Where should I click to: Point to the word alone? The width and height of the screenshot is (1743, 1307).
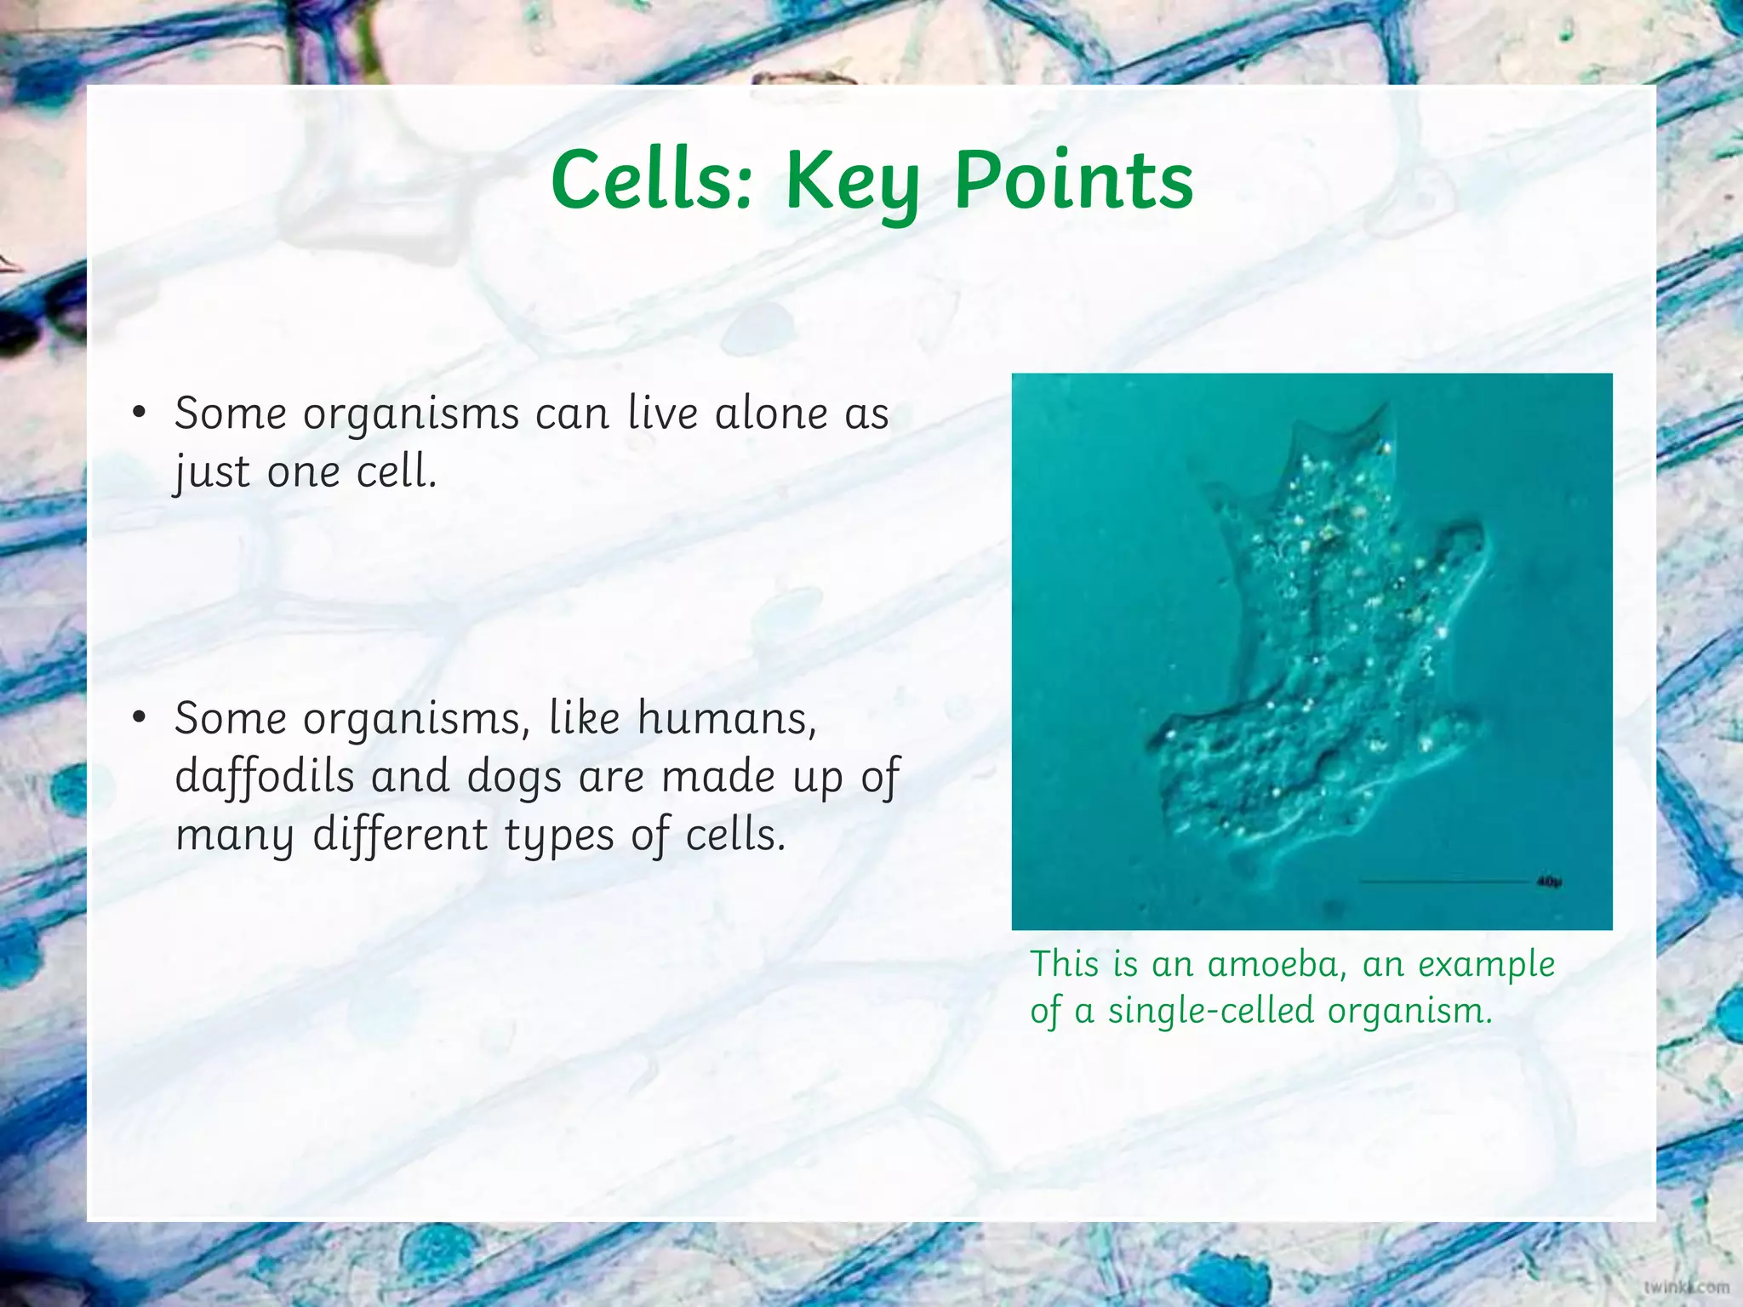(x=771, y=414)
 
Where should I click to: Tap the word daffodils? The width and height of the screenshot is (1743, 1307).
(x=265, y=776)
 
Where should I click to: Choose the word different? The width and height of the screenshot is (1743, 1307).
(x=400, y=834)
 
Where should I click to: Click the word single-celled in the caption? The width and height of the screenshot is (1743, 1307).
(x=1211, y=1011)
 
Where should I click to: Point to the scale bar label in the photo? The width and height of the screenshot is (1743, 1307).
(x=1549, y=882)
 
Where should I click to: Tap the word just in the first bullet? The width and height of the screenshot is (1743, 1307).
(x=212, y=473)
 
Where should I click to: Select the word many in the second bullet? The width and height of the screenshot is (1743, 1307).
(x=235, y=836)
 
